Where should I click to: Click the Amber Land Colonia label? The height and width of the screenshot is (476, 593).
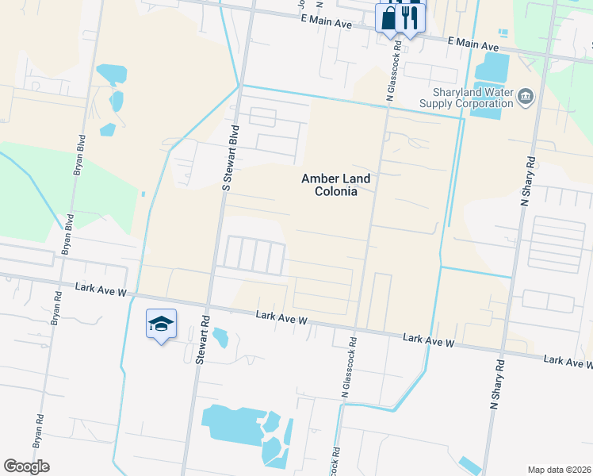[x=336, y=185]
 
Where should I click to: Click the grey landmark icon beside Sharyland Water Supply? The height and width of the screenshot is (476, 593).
[x=525, y=98]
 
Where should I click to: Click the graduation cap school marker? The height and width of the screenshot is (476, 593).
[x=161, y=324]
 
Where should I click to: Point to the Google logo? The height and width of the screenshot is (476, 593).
[x=26, y=466]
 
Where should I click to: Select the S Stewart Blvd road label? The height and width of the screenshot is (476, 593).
[x=230, y=157]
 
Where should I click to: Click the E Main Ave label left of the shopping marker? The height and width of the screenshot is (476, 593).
[x=327, y=25]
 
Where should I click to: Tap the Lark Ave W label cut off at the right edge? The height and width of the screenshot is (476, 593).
[x=568, y=362]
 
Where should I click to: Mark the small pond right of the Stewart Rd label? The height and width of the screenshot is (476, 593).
[x=221, y=337]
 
